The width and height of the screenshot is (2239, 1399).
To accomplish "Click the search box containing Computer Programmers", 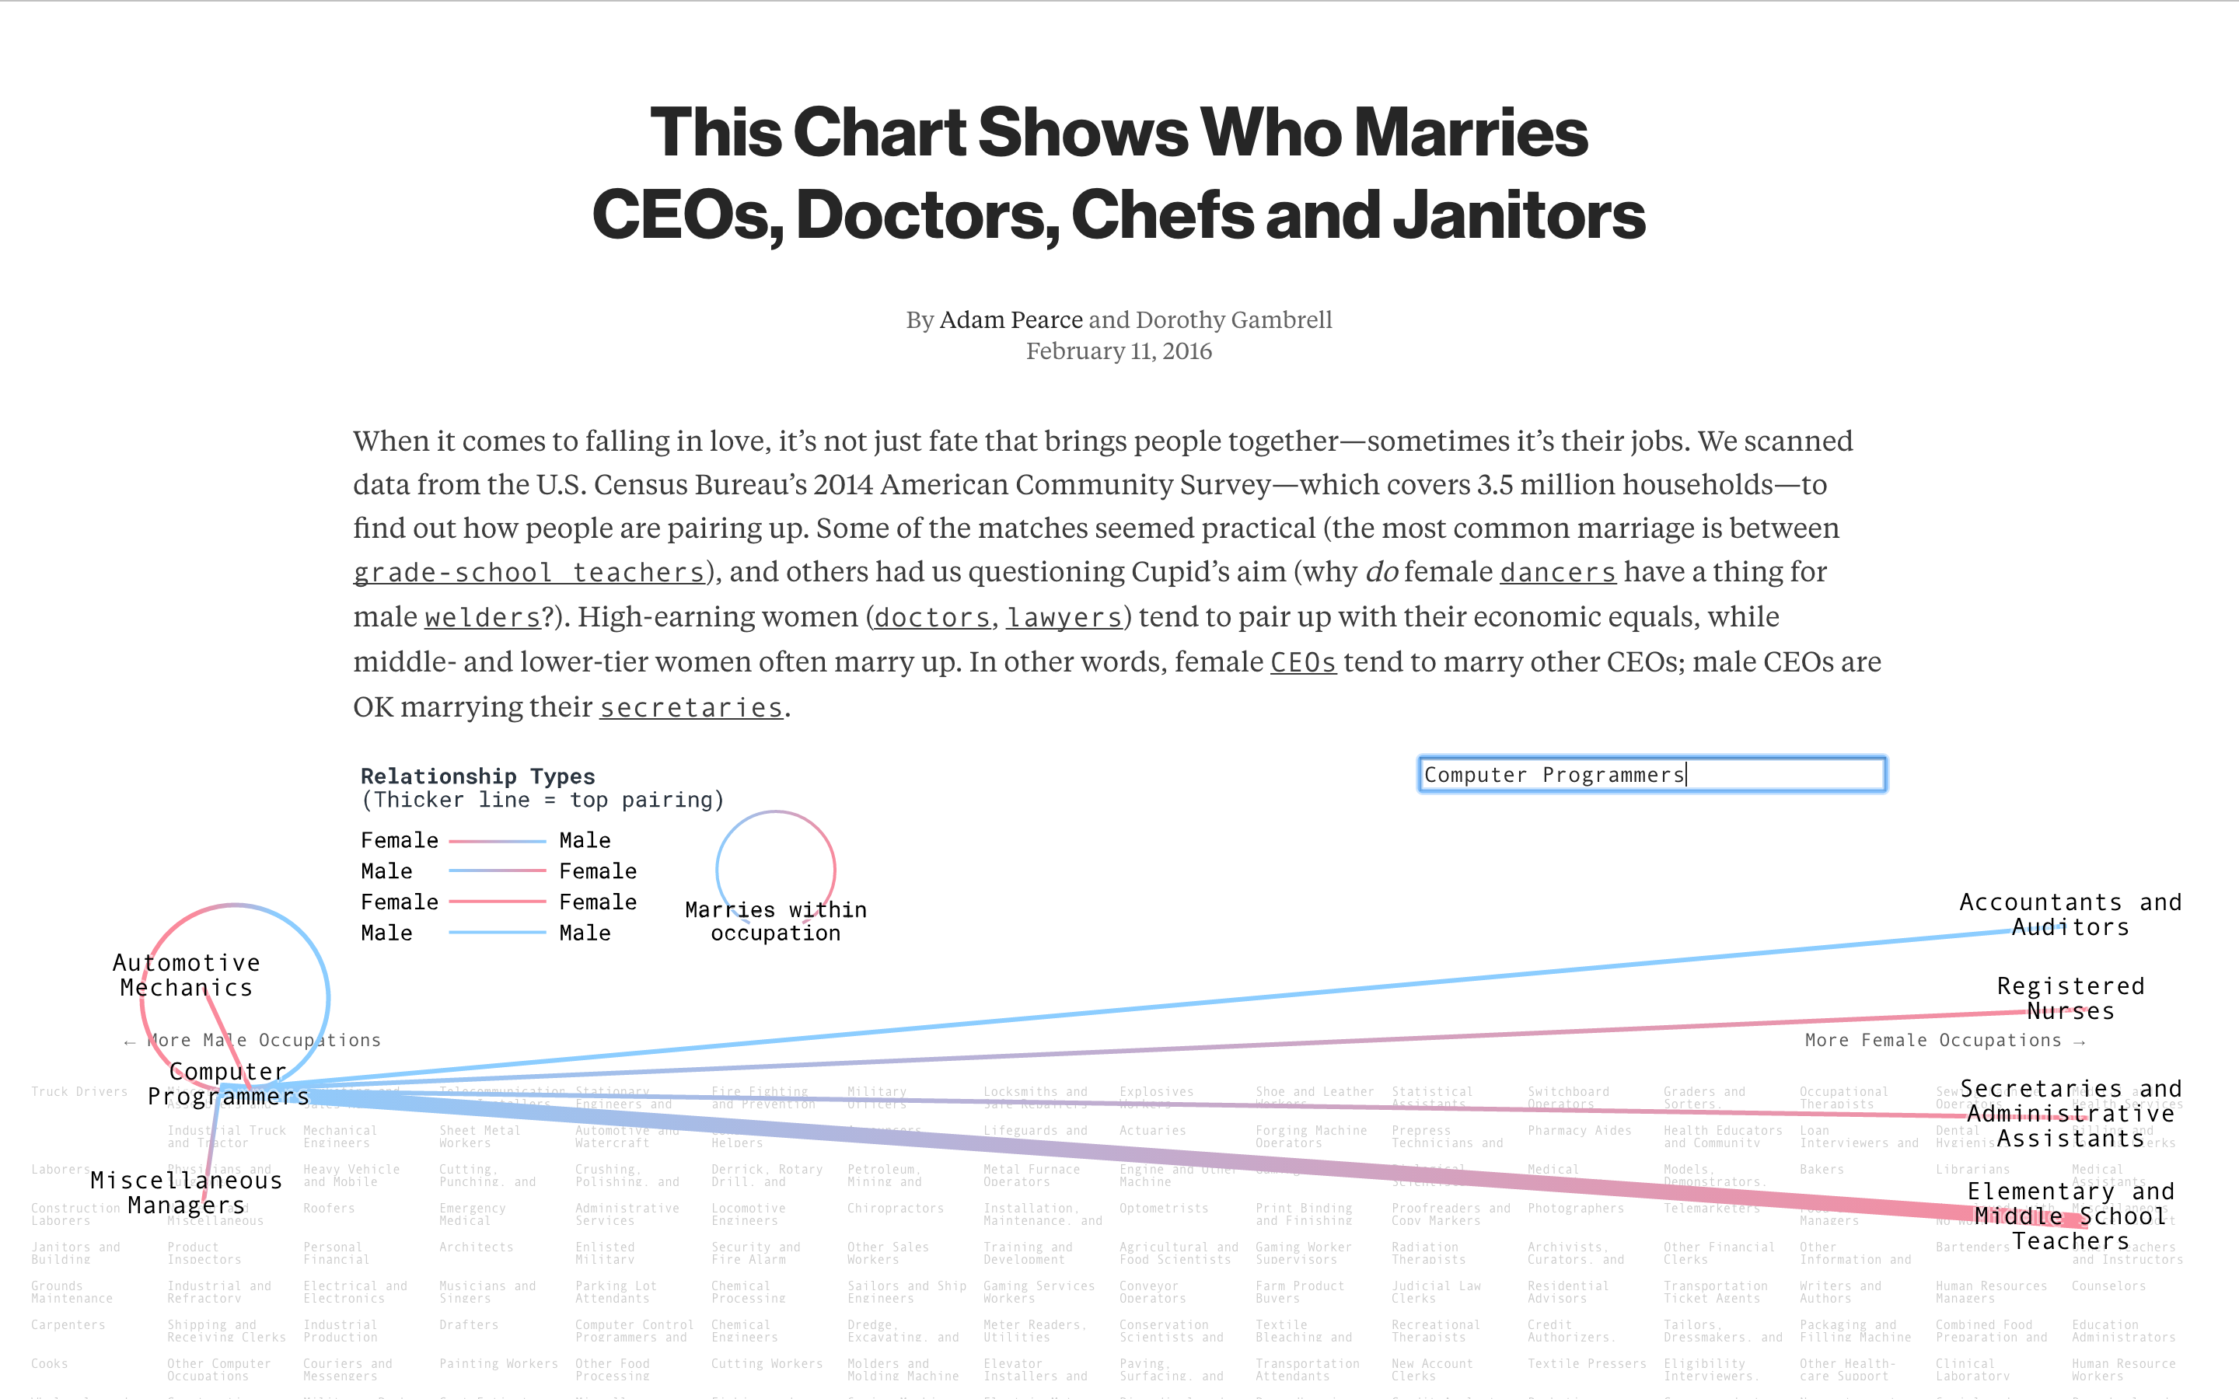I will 1650,774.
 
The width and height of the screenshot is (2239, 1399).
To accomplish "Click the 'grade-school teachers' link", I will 529,573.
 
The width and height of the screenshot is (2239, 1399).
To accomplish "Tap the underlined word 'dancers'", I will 1557,573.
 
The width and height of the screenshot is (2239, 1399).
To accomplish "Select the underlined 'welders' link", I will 482,617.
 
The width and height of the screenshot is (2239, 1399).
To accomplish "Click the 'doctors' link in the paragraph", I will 931,617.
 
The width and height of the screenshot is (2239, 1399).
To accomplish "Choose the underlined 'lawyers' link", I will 1064,617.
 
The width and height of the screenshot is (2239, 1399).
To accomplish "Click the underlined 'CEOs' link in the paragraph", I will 1303,662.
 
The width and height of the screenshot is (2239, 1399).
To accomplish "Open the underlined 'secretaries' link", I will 691,708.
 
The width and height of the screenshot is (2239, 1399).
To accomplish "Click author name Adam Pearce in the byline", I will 1011,320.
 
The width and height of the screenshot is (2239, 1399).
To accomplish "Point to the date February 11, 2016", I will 1119,351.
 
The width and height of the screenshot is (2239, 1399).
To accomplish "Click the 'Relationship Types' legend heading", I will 477,776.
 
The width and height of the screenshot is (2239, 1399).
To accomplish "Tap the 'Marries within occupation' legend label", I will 775,922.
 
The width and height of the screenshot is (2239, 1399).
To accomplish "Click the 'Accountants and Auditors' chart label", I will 2070,915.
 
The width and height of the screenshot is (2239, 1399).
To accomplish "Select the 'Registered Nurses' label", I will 2070,999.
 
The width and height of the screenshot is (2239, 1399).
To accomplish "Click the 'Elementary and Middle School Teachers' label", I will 2070,1216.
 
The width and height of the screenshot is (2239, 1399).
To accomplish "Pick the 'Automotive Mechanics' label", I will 186,975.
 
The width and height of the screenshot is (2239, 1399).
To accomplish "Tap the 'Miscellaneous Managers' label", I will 186,1193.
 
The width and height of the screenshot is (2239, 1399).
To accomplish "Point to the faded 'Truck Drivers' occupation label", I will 79,1092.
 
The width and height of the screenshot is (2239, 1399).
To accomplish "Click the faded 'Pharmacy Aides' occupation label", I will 1579,1131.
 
